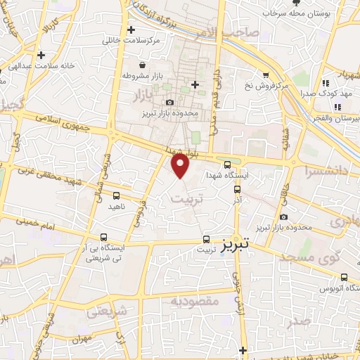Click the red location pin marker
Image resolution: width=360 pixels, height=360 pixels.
181,167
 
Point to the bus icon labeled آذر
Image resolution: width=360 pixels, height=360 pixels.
236,188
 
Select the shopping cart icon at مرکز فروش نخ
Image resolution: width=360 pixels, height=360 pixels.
266,75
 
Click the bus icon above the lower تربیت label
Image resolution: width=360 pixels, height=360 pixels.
206,238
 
